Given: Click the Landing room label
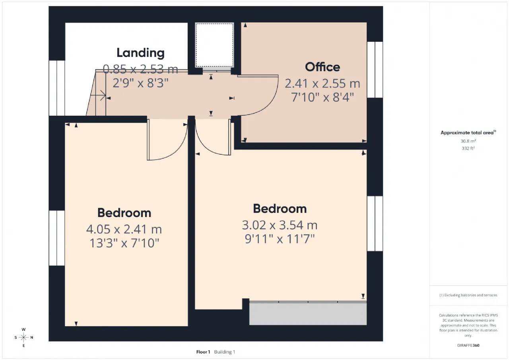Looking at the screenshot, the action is click(140, 53).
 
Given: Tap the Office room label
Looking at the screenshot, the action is click(322, 67).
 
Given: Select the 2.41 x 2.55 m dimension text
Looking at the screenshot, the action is click(322, 84).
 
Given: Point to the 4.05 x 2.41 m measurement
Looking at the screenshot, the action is click(124, 229).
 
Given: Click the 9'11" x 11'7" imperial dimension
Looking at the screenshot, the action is click(280, 239).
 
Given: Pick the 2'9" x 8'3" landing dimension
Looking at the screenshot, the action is click(140, 83).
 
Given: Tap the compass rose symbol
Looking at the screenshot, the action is click(23, 337).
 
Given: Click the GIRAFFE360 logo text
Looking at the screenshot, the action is click(468, 345).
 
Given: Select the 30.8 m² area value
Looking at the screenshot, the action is click(468, 141).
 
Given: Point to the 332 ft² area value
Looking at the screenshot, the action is click(468, 148).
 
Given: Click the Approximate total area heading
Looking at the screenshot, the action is click(468, 132).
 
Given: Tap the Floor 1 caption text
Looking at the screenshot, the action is click(203, 352).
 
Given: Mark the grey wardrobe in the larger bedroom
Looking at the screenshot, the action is click(308, 313).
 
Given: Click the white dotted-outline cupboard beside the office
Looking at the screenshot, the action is click(214, 45).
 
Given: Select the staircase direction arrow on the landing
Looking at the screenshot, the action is click(98, 95).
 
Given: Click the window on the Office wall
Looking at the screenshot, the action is click(375, 70).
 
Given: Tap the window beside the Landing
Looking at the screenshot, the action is click(57, 88).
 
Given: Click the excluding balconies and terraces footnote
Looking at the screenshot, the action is click(468, 295).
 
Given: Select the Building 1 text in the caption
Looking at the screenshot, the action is click(225, 352).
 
